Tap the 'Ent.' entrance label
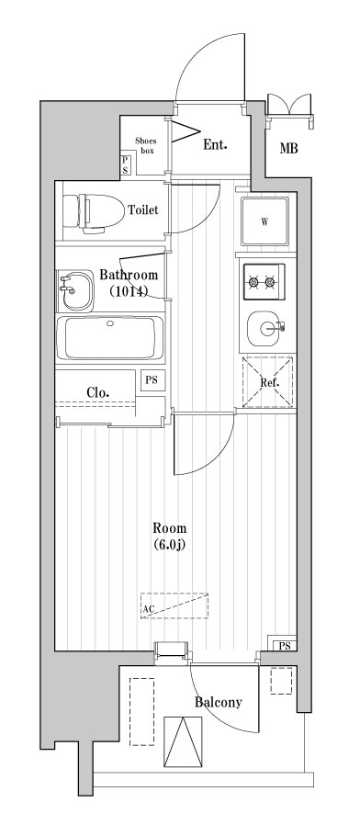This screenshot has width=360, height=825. pyautogui.click(x=215, y=144)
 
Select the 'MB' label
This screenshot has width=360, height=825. pyautogui.click(x=288, y=149)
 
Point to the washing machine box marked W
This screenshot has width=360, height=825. pyautogui.click(x=264, y=221)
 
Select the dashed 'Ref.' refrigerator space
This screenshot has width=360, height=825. pyautogui.click(x=267, y=382)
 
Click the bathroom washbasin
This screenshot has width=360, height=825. pyautogui.click(x=73, y=291)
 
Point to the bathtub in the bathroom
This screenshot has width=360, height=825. pyautogui.click(x=109, y=338)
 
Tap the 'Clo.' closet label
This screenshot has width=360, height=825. pyautogui.click(x=98, y=392)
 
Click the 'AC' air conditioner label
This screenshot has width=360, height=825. pyautogui.click(x=148, y=608)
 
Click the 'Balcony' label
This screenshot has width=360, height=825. pyautogui.click(x=219, y=703)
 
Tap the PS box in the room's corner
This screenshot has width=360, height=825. pyautogui.click(x=283, y=645)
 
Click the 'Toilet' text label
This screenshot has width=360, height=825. pyautogui.click(x=142, y=210)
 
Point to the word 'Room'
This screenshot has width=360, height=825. pyautogui.click(x=169, y=528)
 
